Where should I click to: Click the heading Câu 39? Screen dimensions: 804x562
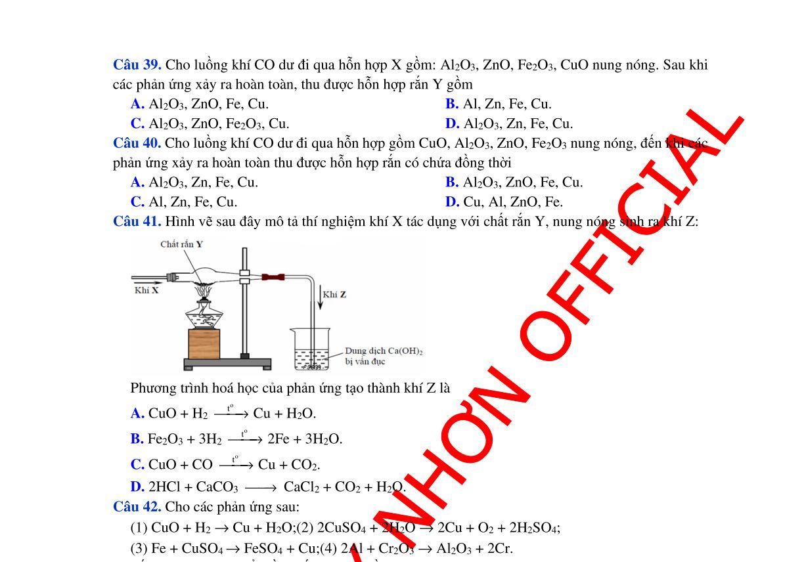137,65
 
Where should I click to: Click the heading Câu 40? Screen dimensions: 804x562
137,143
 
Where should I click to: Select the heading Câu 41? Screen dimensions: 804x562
137,221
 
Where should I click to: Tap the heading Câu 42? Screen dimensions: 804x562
137,507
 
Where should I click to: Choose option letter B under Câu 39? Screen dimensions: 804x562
451,104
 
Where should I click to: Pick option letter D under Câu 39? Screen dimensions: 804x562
452,123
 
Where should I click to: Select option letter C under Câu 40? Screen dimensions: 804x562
137,202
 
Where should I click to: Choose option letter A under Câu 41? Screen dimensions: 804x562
137,414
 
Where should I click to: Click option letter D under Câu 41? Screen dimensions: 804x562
137,487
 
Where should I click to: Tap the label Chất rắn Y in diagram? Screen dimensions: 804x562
181,244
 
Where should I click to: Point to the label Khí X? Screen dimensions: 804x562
146,291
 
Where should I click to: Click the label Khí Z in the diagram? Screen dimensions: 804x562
334,294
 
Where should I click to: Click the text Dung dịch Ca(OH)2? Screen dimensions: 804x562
384,351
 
